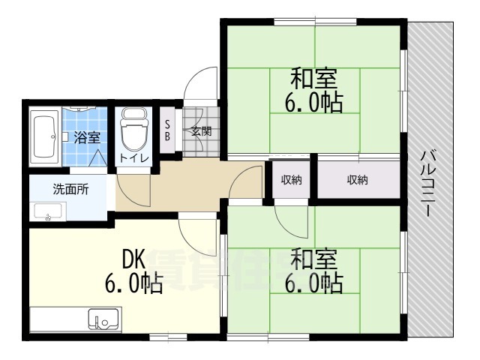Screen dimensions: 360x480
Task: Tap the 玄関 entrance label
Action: pos(200,131)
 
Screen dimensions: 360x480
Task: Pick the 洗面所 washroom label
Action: pos(70,189)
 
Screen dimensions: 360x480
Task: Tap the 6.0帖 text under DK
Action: pos(133,284)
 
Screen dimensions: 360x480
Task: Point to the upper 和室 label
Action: pos(313,78)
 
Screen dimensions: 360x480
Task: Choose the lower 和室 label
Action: pos(313,259)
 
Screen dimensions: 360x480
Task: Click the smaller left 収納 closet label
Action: pos(292,179)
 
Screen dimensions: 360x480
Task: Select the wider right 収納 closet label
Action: pos(357,179)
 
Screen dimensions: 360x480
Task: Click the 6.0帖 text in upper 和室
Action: pos(313,102)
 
